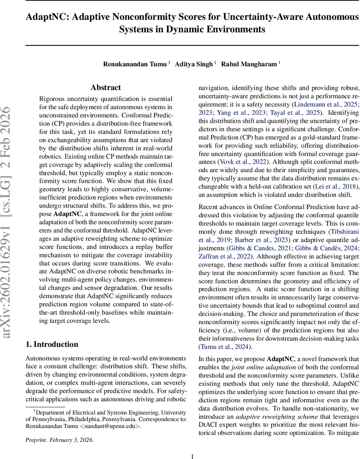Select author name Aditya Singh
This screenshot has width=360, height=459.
194,64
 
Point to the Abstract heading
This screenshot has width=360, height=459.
106,88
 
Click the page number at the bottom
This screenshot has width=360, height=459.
193,456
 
